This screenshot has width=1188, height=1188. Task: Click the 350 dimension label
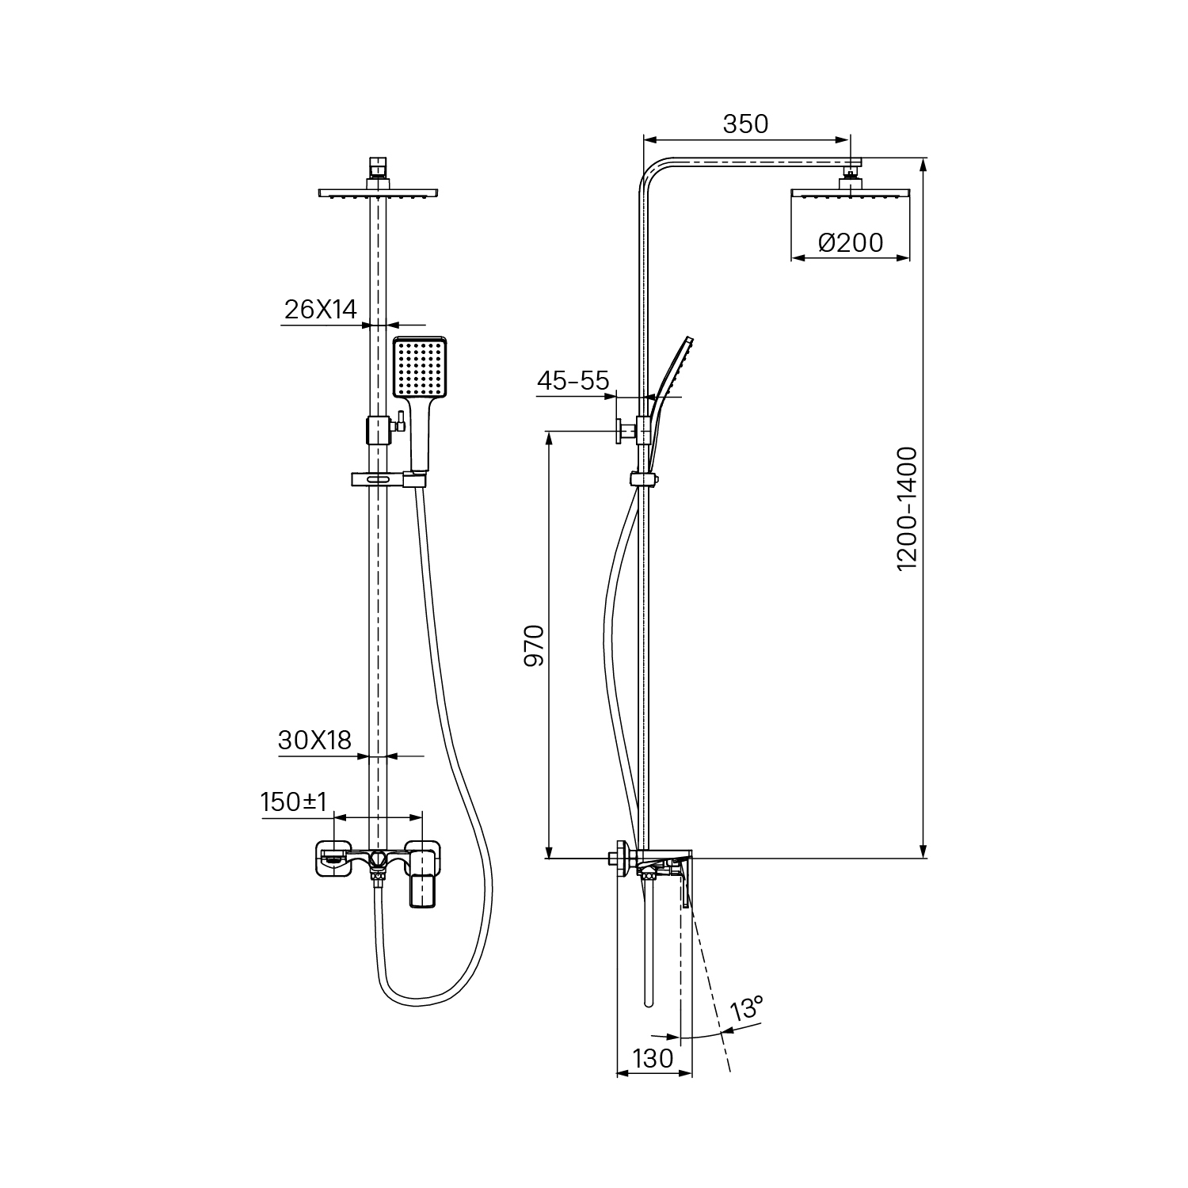point(745,124)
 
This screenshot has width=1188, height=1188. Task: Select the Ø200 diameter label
point(851,242)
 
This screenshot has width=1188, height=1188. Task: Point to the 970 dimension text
point(535,645)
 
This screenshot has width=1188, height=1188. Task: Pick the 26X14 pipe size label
point(320,310)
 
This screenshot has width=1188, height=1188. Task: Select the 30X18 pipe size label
point(314,741)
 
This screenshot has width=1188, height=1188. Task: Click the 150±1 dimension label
point(294,802)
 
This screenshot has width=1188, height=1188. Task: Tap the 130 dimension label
point(653,1058)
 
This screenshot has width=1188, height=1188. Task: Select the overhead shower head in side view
point(851,193)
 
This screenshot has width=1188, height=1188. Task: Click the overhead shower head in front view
point(379,192)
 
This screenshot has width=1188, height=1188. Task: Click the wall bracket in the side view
point(626,431)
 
